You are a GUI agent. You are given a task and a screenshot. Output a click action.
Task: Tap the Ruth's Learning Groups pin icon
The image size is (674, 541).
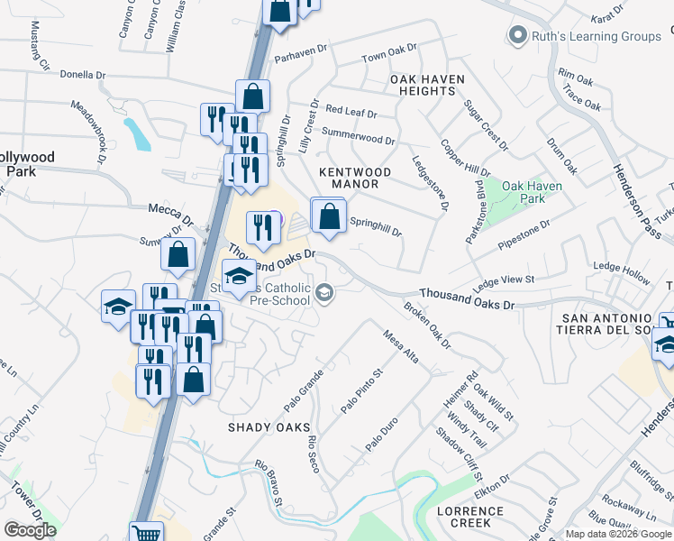[x=517, y=36]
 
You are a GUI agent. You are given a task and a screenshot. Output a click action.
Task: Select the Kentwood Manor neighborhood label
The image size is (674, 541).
[x=355, y=178]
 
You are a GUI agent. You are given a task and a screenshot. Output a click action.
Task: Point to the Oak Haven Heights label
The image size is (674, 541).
[x=427, y=85]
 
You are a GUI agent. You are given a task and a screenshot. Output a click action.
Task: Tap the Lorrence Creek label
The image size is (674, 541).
[x=470, y=518]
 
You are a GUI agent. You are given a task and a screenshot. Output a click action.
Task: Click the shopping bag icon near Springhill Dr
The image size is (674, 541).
[x=330, y=216]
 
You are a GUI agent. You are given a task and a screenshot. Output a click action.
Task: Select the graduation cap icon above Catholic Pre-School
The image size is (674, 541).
[x=239, y=275]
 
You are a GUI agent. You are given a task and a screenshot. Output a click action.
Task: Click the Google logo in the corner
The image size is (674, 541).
[x=30, y=530]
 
